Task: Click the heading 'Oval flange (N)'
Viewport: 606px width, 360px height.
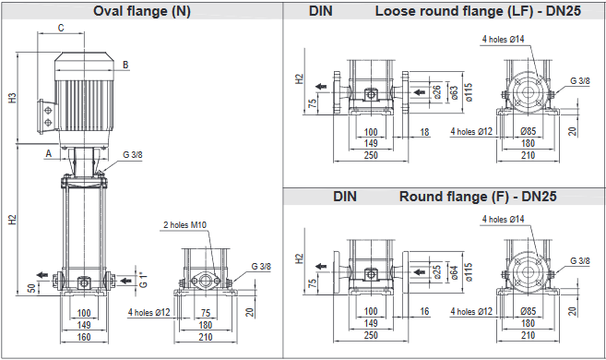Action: [x=142, y=11]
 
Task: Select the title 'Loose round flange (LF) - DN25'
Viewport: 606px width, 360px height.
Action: [x=478, y=11]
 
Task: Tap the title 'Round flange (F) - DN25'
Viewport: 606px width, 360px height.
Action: [x=478, y=197]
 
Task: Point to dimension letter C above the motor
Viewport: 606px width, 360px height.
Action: [x=61, y=28]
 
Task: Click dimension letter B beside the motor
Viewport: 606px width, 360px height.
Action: [x=125, y=65]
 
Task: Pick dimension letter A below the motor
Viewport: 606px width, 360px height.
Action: [x=49, y=153]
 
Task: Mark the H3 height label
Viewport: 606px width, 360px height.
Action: [x=13, y=98]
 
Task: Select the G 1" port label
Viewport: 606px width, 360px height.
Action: [x=143, y=280]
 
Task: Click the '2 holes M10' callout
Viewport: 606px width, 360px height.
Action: [x=184, y=224]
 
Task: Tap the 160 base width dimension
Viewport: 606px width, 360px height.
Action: [x=84, y=337]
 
